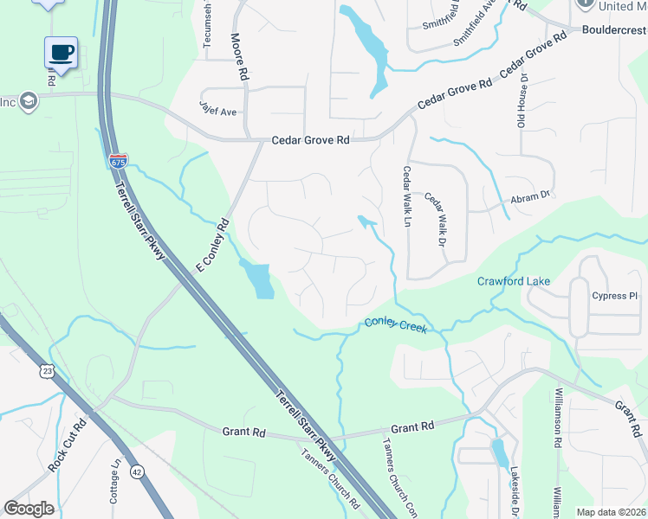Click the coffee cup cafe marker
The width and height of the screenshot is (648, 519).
click(x=61, y=53)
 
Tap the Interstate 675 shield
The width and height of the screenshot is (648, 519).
click(x=119, y=162)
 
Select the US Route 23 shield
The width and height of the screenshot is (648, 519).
click(x=46, y=370)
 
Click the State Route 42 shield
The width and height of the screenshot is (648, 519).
click(x=138, y=471)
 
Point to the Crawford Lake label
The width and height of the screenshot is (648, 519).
click(x=513, y=281)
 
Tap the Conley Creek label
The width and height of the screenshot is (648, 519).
click(x=395, y=324)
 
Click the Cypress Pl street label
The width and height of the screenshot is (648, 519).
click(x=614, y=296)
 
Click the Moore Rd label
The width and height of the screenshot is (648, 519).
click(x=240, y=58)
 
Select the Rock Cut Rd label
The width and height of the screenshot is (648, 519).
click(x=68, y=445)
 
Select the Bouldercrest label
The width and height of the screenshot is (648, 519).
click(x=614, y=29)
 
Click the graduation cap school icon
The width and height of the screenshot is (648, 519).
click(x=29, y=101)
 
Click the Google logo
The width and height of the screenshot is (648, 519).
click(x=29, y=509)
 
